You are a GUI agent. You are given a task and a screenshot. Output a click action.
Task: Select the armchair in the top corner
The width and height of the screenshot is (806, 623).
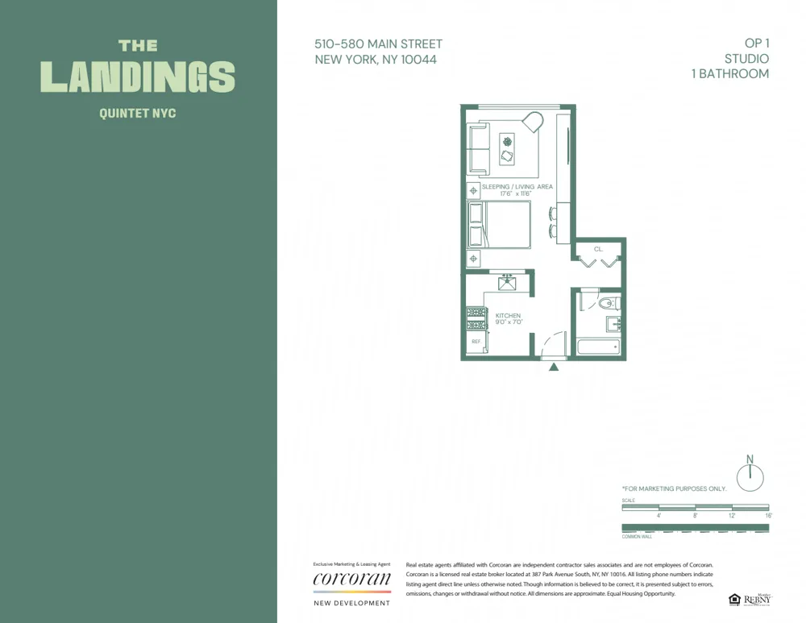[532, 123]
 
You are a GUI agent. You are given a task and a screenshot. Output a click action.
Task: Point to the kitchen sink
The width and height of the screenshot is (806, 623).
[508, 283]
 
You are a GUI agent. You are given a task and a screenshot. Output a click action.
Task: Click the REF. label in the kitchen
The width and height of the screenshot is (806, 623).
[476, 342]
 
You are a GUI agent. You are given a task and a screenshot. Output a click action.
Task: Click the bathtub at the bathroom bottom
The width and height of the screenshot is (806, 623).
[597, 348]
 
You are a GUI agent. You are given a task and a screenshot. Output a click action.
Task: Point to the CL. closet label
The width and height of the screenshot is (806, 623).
[598, 250]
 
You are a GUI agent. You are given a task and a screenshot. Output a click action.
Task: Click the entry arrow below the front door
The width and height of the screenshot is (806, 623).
[554, 368]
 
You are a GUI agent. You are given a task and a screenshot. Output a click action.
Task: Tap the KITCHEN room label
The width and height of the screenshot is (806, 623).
[508, 315]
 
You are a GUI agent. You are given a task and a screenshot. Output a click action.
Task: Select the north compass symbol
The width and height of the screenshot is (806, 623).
[750, 476]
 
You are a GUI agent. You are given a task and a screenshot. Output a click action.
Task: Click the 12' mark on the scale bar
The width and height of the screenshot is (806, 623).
[732, 515]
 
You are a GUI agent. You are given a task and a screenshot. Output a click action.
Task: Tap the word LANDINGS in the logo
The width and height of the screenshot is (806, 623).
[137, 77]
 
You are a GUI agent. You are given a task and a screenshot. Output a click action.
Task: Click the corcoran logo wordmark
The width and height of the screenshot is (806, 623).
[351, 578]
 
